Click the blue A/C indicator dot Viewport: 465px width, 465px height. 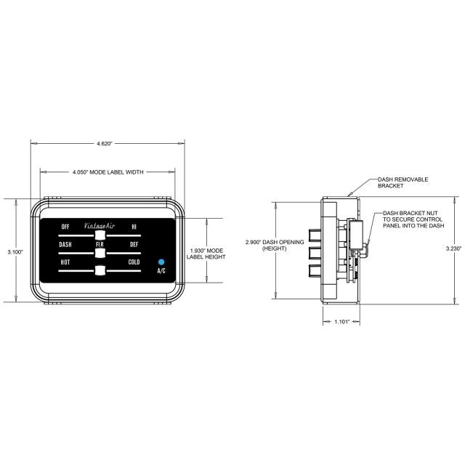161,262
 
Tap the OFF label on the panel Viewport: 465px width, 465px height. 65,227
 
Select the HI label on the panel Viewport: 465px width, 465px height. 134,227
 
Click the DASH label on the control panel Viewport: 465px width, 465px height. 65,244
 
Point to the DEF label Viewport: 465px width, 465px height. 134,244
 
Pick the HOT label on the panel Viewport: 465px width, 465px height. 65,262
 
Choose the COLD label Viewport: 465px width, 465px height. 134,262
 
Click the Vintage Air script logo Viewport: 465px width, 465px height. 100,226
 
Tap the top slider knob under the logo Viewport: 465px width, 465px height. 100,235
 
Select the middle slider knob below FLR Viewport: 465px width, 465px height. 100,254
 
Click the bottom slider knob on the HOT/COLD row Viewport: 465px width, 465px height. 100,270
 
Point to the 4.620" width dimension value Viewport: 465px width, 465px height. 105,144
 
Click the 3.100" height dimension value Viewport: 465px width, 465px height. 15,252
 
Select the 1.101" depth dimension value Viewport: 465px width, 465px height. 342,322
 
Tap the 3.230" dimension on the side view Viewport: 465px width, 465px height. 453,248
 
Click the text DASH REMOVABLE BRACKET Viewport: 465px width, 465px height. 403,182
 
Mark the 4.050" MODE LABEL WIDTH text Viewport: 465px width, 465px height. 108,172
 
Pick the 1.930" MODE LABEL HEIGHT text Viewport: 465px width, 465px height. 206,254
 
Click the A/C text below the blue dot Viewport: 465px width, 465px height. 161,271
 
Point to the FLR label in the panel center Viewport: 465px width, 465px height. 100,244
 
